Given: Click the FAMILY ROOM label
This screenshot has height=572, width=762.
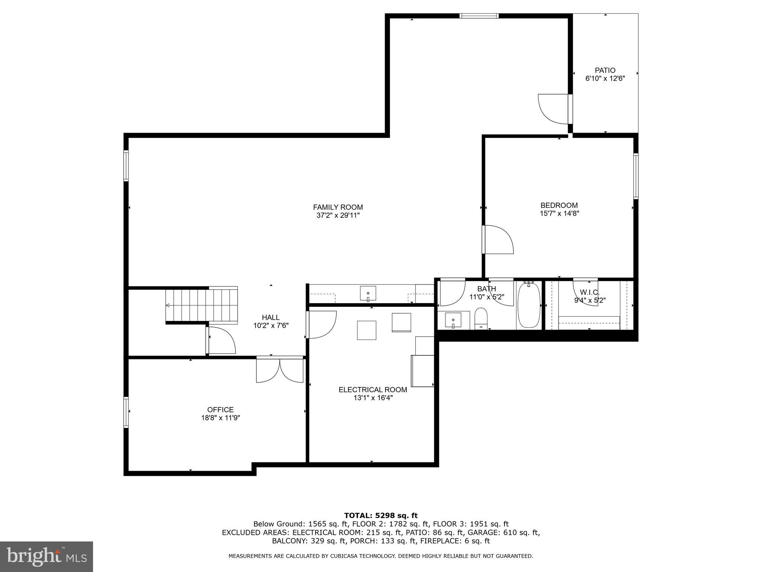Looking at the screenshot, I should click(x=337, y=207).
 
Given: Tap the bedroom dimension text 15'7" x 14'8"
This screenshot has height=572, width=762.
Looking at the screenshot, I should click(x=559, y=213).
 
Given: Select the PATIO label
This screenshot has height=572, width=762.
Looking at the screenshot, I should click(x=605, y=70).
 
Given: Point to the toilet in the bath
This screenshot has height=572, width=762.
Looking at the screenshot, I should click(x=481, y=319).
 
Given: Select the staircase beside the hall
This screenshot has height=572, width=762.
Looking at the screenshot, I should click(x=202, y=305).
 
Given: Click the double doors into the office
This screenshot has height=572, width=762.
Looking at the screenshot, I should click(x=280, y=370).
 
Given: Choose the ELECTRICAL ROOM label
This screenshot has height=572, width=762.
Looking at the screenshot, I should click(x=372, y=390).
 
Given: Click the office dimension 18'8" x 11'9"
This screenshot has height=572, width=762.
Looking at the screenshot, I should click(x=220, y=418).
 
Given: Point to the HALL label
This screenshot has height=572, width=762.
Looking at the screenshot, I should click(x=270, y=317).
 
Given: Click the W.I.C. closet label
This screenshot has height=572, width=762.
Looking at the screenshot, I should click(x=589, y=293).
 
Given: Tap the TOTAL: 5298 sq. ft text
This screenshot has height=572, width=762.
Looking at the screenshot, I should click(x=381, y=515).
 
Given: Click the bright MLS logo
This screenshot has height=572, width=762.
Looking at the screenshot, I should click(x=47, y=556).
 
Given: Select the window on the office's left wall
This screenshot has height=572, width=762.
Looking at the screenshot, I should click(x=126, y=412).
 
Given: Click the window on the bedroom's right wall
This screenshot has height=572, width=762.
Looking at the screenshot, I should click(x=636, y=176).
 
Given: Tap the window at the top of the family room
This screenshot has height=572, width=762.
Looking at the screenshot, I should click(x=478, y=16).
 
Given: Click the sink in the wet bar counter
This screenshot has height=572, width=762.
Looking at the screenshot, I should click(x=368, y=293).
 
